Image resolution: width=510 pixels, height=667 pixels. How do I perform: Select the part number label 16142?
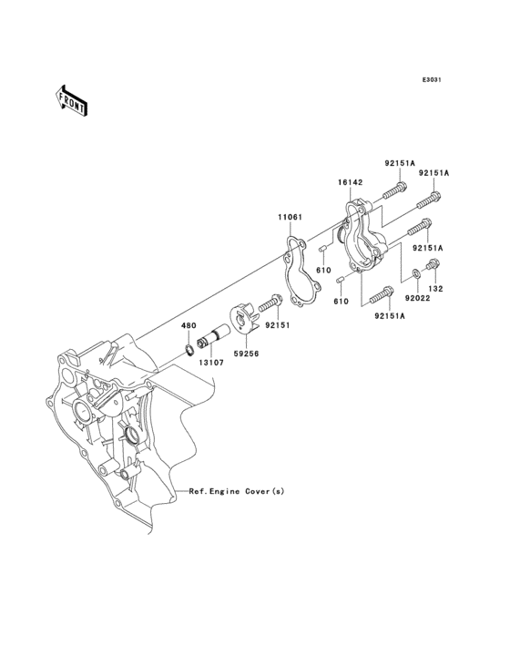352,182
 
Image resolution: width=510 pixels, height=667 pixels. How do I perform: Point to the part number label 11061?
291,218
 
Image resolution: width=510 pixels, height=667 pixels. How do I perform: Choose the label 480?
189,325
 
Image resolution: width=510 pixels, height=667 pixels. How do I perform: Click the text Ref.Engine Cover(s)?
236,491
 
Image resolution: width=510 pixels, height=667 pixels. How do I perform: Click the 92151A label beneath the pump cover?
389,316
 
